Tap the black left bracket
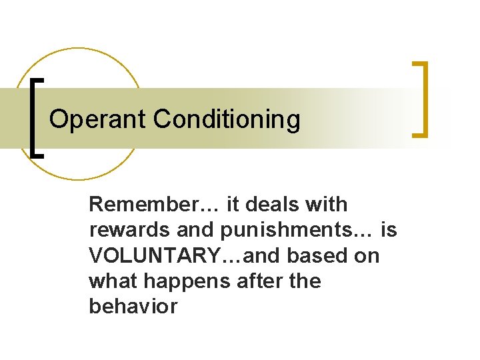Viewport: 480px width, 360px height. point(36,117)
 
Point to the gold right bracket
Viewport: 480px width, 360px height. point(420,99)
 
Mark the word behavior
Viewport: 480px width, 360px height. point(133,307)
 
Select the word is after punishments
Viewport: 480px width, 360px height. point(389,230)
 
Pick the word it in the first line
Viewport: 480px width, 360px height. point(233,204)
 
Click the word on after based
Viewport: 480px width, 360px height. point(367,256)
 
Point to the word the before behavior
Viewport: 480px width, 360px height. point(305,281)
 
